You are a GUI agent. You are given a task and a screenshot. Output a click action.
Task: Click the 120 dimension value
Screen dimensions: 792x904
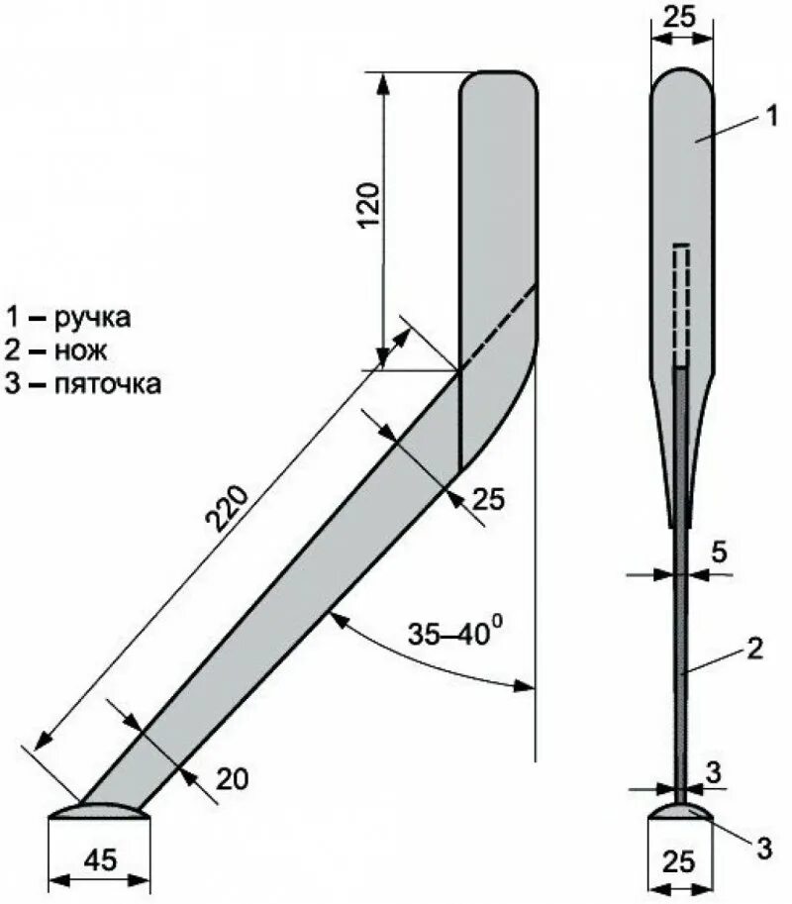[368, 205]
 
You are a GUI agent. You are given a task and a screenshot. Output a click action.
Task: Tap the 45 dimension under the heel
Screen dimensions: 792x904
[98, 859]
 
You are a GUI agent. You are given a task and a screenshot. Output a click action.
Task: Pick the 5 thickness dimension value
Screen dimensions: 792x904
[720, 551]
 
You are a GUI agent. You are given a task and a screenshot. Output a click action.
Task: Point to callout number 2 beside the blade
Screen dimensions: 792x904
[753, 650]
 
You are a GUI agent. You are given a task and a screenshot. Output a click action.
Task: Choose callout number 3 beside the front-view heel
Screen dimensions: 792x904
[763, 846]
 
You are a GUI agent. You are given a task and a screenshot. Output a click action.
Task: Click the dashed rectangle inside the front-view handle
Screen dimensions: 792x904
[680, 303]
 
